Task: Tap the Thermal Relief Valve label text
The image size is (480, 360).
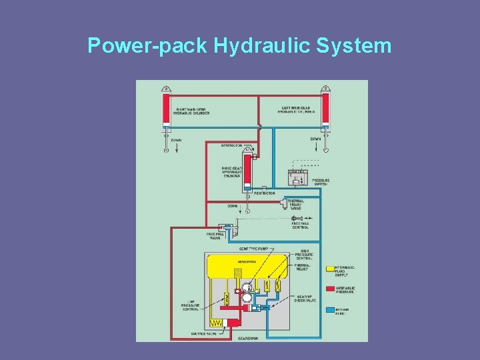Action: (296, 204)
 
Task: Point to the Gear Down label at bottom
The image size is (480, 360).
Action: (248, 338)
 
